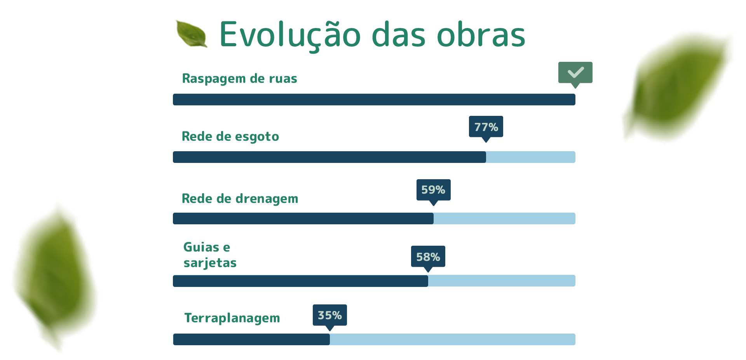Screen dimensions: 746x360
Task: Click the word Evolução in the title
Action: [290, 35]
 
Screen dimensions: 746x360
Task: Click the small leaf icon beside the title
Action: [192, 34]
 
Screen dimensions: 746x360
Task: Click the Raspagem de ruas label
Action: [240, 79]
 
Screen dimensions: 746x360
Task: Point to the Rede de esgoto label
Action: [230, 136]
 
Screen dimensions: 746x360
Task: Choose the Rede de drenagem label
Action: [240, 199]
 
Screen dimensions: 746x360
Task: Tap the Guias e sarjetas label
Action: [210, 255]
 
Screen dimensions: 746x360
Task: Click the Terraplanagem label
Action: [232, 318]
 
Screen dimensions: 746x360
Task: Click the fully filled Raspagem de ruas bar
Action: [374, 100]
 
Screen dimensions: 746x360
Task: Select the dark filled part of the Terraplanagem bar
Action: [251, 339]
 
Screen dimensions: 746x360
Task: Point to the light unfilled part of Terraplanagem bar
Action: [453, 339]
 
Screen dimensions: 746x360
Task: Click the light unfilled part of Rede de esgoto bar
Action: [531, 157]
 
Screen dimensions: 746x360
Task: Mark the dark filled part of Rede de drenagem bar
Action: [303, 218]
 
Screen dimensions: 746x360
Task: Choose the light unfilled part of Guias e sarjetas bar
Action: [502, 281]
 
